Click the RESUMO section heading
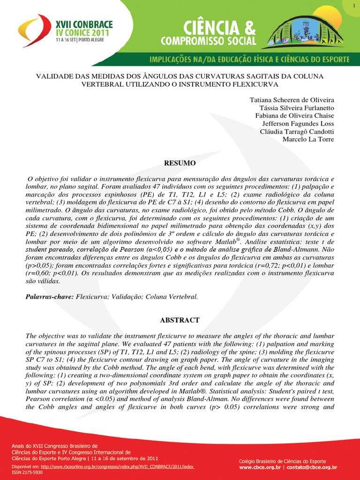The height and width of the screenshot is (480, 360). pyautogui.click(x=180, y=164)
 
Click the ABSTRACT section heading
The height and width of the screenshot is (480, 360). pyautogui.click(x=180, y=320)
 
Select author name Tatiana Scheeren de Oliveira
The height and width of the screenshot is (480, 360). pyautogui.click(x=292, y=100)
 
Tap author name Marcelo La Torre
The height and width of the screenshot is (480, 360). pyautogui.click(x=308, y=139)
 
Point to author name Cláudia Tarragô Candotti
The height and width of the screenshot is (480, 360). pyautogui.click(x=297, y=132)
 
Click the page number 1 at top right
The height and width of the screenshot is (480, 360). pyautogui.click(x=352, y=5)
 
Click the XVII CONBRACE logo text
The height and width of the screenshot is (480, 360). pyautogui.click(x=77, y=22)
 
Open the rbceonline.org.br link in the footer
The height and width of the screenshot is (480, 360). pyautogui.click(x=117, y=467)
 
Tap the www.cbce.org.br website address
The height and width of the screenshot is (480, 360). pyautogui.click(x=260, y=467)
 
